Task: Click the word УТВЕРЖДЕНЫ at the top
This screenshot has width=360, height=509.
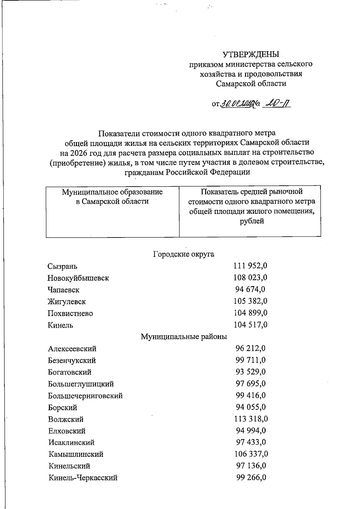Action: [x=251, y=54]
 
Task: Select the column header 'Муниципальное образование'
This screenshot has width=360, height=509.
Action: [x=112, y=192]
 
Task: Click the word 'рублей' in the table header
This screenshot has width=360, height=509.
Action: [x=252, y=221]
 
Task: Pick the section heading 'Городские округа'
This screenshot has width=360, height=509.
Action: [x=184, y=254]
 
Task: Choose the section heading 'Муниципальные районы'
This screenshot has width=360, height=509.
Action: [x=184, y=337]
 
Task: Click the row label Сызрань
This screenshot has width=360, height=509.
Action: [x=62, y=266]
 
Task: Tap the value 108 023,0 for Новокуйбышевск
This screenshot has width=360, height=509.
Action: [x=250, y=277]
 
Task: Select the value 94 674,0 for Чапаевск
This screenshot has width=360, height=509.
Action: [x=250, y=289]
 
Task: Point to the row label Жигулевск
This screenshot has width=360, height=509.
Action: [x=67, y=301]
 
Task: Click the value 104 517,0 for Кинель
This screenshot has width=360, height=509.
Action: [x=250, y=325]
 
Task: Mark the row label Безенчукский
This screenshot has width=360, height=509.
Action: [x=72, y=360]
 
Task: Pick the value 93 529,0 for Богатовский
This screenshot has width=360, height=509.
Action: [x=250, y=372]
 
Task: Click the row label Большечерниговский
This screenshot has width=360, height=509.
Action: [x=85, y=396]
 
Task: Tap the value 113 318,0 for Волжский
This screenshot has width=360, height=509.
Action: [x=251, y=419]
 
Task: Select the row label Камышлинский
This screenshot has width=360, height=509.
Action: [x=76, y=454]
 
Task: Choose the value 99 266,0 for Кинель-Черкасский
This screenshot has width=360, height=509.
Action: [x=251, y=478]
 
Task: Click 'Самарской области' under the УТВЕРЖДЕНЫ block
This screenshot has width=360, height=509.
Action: [x=251, y=83]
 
